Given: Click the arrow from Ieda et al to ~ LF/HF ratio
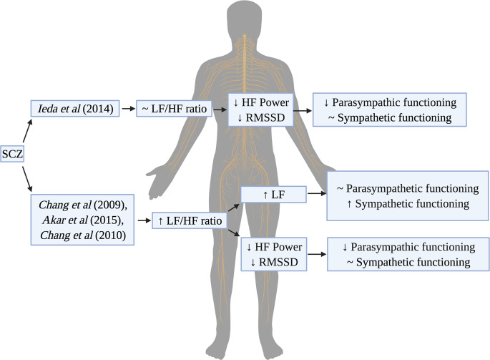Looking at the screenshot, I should (129, 109).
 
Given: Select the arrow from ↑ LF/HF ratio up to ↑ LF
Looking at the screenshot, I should (231, 208).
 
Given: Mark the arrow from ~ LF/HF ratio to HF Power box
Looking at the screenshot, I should (217, 109).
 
